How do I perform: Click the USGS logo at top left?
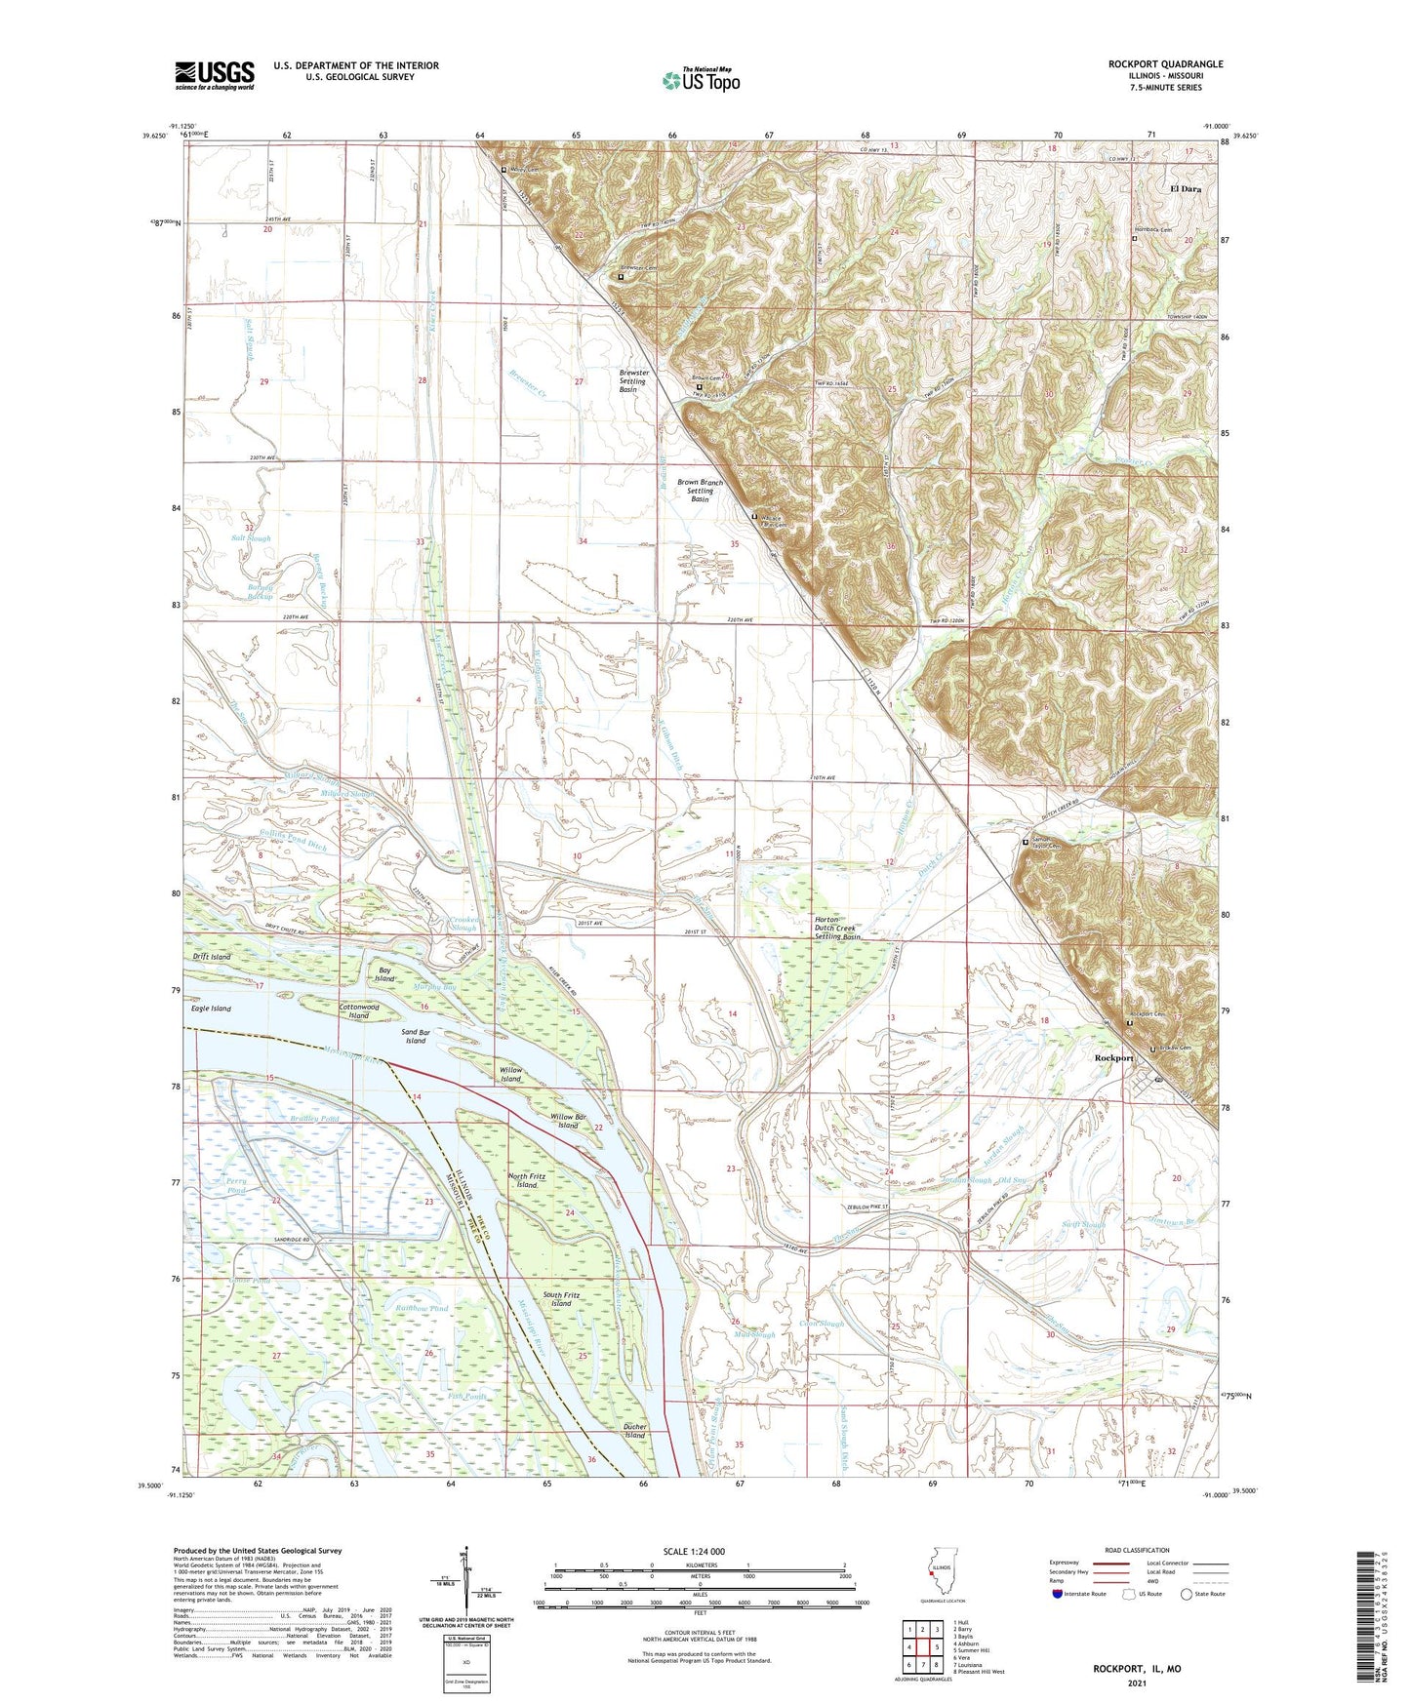pos(215,75)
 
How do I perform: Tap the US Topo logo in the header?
pos(700,80)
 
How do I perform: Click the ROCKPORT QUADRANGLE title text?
pos(1165,64)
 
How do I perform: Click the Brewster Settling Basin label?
pos(632,380)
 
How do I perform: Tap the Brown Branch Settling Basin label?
pos(700,491)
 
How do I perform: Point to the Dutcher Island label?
pos(634,1435)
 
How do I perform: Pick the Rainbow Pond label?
pos(421,1308)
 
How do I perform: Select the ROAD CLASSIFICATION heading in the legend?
pos(1138,1550)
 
